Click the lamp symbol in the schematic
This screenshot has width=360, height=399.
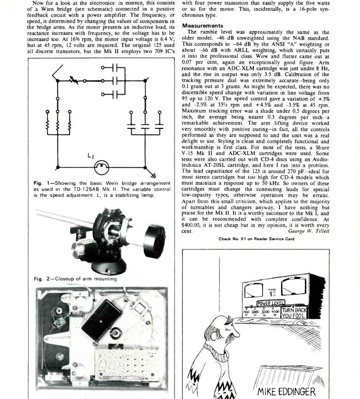coord(102,166)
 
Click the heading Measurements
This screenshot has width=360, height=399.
coord(203,26)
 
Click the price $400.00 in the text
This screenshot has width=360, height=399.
coord(192,224)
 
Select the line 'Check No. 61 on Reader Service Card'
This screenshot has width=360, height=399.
coord(256,239)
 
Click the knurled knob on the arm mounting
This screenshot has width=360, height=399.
coord(104,249)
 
